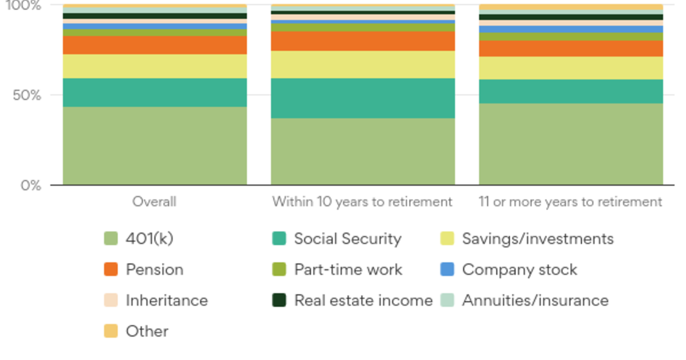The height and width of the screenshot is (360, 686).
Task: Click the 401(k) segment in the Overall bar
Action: click(x=154, y=146)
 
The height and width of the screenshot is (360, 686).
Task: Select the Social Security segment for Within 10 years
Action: click(x=362, y=98)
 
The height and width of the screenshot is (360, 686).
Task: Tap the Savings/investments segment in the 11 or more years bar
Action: click(x=571, y=68)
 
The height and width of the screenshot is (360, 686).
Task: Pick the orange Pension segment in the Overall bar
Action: click(x=154, y=45)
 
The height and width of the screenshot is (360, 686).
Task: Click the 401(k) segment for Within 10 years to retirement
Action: click(x=362, y=151)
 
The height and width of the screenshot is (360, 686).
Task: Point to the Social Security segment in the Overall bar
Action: click(x=154, y=93)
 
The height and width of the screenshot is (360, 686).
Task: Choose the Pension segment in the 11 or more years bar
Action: click(x=571, y=49)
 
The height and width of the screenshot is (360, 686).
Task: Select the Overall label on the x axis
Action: click(x=154, y=202)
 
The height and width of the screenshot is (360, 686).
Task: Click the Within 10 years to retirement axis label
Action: click(x=362, y=202)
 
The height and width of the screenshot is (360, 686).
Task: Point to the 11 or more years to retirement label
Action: click(x=571, y=202)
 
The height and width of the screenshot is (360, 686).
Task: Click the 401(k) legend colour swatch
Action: click(x=111, y=239)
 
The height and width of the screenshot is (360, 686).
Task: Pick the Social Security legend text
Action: click(x=348, y=239)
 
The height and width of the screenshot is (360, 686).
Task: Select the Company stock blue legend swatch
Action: click(x=448, y=270)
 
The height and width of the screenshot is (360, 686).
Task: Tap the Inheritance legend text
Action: click(x=167, y=301)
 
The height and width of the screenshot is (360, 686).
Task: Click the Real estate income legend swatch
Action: click(x=279, y=301)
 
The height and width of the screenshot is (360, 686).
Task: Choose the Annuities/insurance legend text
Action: click(x=535, y=301)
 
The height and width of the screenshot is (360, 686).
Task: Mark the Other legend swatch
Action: click(x=111, y=331)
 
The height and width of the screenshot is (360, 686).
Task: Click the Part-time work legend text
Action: click(x=348, y=270)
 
